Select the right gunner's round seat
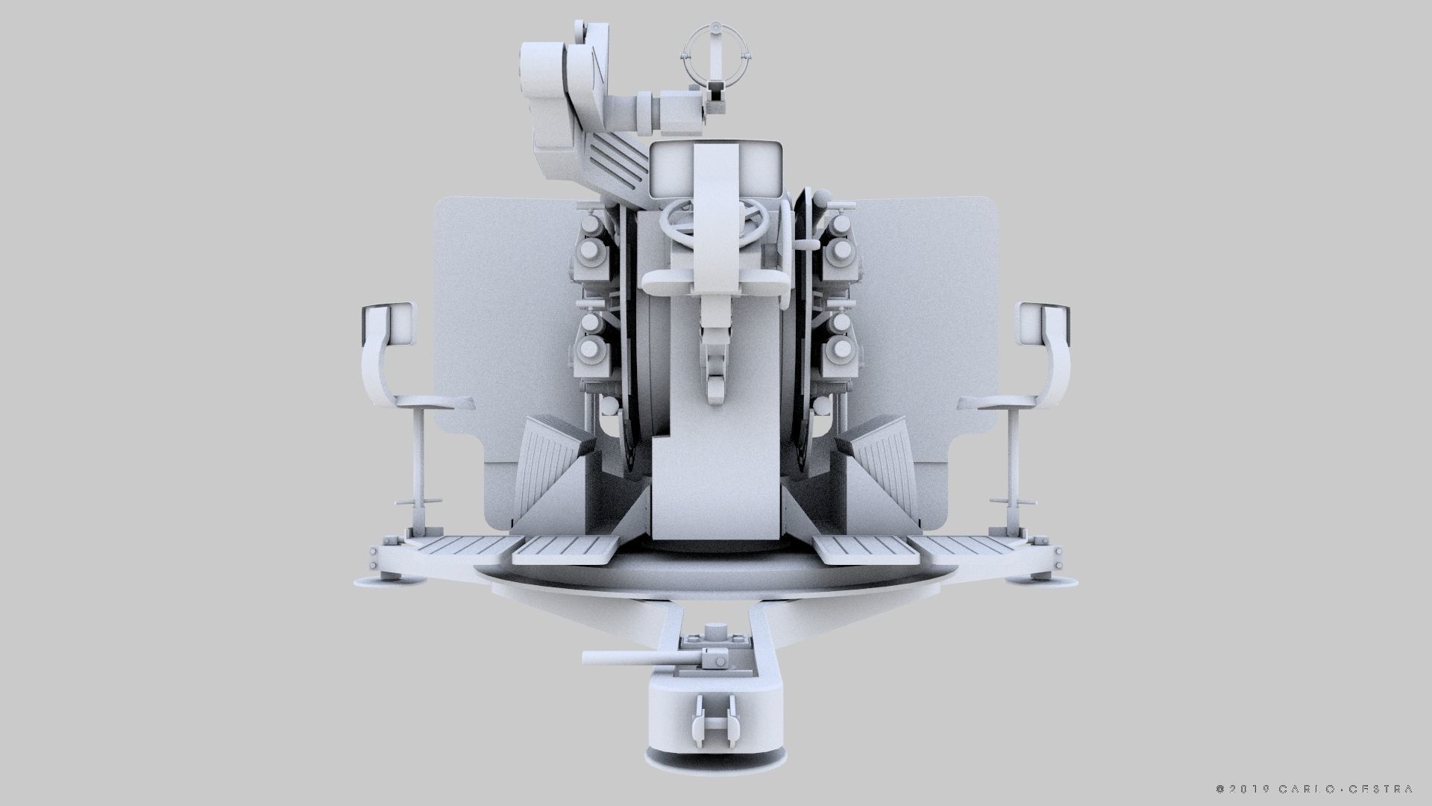coord(995,404)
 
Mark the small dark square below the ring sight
coord(715,96)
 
